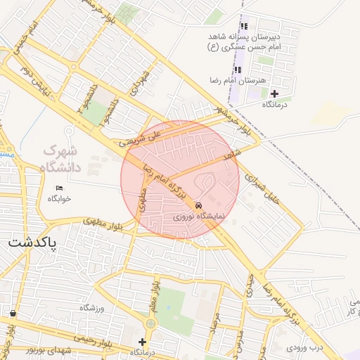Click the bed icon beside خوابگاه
click(x=59, y=188)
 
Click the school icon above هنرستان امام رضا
click(x=238, y=70)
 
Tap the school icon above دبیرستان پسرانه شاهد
click(x=244, y=26)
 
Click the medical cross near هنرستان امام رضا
click(x=274, y=94)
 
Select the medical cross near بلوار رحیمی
click(x=142, y=341)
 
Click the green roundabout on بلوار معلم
click(x=150, y=324)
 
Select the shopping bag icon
click(x=13, y=313)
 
